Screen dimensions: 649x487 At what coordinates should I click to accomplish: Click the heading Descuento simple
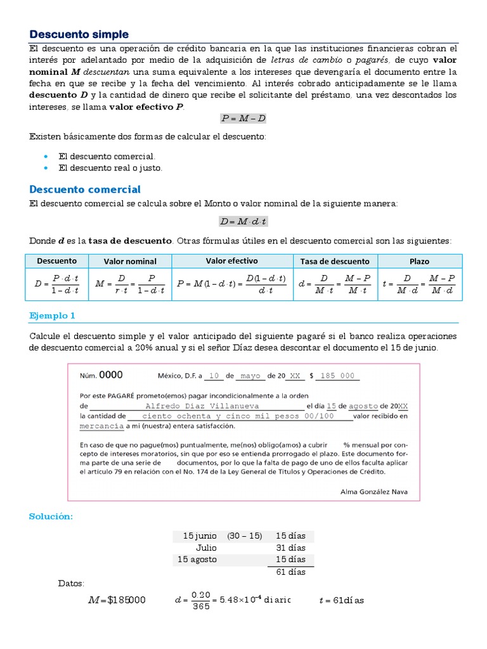pyautogui.click(x=79, y=34)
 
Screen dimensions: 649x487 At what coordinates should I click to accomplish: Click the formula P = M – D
pyautogui.click(x=243, y=118)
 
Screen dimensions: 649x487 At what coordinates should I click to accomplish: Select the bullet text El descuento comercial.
pyautogui.click(x=107, y=156)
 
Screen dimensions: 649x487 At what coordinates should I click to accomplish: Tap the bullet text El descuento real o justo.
pyautogui.click(x=110, y=168)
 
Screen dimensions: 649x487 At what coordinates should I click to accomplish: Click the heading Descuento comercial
pyautogui.click(x=85, y=190)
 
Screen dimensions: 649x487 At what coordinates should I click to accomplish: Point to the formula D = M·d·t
pyautogui.click(x=243, y=221)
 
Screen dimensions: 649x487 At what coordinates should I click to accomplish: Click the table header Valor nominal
pyautogui.click(x=130, y=261)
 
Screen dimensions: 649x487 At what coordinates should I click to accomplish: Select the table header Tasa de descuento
pyautogui.click(x=335, y=261)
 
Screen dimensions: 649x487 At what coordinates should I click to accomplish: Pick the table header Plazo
pyautogui.click(x=419, y=261)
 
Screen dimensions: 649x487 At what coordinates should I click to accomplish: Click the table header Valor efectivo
pyautogui.click(x=231, y=260)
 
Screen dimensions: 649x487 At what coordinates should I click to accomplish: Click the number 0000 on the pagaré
pyautogui.click(x=111, y=375)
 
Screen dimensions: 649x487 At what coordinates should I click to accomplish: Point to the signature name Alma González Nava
pyautogui.click(x=374, y=491)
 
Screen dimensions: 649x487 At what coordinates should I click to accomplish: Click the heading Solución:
pyautogui.click(x=51, y=517)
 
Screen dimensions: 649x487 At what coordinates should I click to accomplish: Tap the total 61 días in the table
pyautogui.click(x=291, y=572)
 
